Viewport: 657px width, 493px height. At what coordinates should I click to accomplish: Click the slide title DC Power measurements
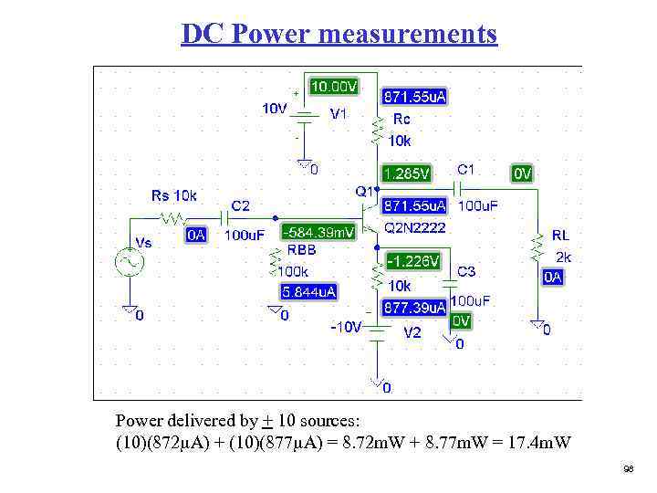click(339, 34)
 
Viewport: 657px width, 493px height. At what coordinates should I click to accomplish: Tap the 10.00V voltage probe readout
click(334, 87)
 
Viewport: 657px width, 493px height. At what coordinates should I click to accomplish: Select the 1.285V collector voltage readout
click(407, 173)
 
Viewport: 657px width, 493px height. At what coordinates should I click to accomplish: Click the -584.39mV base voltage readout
click(319, 232)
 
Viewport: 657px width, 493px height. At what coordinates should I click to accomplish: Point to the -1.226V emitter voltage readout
click(413, 262)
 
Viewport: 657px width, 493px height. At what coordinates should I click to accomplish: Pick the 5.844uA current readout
click(308, 292)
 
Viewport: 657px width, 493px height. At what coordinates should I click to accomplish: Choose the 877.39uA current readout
click(413, 309)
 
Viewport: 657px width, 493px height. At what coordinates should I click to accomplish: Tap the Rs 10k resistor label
click(173, 195)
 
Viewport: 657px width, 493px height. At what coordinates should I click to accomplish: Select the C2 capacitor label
click(241, 206)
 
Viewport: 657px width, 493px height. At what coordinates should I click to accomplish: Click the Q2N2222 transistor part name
click(414, 227)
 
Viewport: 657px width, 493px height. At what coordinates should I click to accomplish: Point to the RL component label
click(560, 236)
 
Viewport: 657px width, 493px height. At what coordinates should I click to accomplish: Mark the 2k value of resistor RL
click(564, 257)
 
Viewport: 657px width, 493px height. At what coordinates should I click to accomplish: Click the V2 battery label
click(412, 333)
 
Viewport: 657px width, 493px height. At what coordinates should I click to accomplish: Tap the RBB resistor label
click(302, 249)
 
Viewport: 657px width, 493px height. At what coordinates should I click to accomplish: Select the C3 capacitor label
click(466, 272)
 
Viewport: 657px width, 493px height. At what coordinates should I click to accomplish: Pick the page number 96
click(628, 468)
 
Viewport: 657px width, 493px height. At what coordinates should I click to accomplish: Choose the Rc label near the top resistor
click(401, 119)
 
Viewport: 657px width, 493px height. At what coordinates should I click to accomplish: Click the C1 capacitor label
click(465, 170)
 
